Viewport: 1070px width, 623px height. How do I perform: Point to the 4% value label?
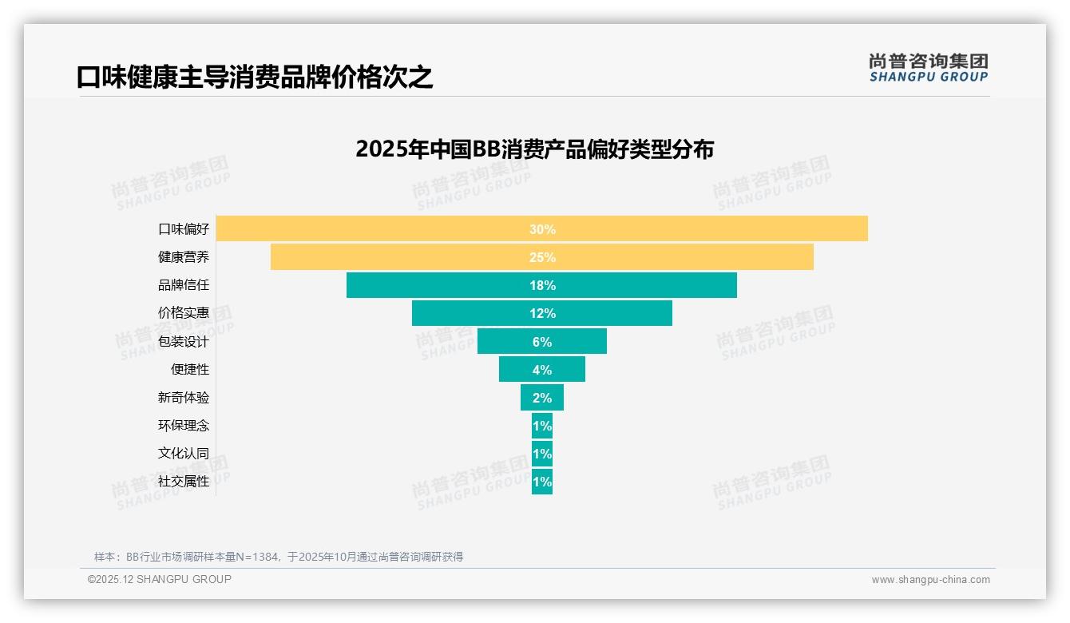[542, 370]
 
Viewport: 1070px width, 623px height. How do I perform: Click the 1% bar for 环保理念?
[542, 426]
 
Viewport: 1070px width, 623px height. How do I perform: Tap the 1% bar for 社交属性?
[542, 482]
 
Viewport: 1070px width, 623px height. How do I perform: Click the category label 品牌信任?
[184, 285]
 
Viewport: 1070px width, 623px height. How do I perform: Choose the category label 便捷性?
[190, 369]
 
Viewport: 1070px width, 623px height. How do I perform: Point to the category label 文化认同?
[184, 453]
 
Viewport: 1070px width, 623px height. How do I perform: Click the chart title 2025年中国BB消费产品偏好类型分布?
[534, 149]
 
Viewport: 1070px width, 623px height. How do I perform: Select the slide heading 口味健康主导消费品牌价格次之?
[255, 77]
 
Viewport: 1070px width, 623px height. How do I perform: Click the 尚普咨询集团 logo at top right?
[929, 68]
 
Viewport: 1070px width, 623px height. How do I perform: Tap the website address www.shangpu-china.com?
[930, 580]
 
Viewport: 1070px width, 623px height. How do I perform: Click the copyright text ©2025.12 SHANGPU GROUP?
[160, 579]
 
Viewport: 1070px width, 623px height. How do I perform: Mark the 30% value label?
[542, 229]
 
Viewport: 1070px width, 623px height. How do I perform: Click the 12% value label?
[542, 313]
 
